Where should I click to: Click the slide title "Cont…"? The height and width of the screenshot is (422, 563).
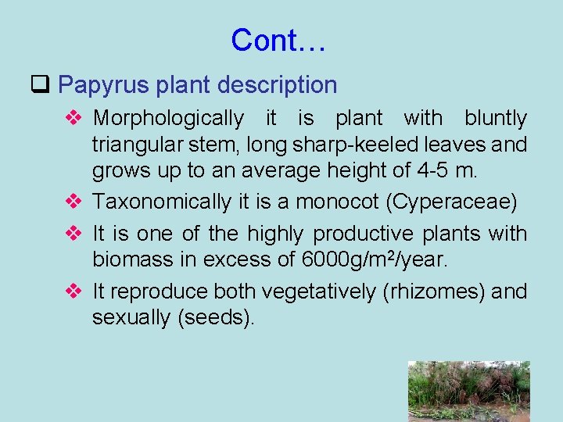pyautogui.click(x=278, y=40)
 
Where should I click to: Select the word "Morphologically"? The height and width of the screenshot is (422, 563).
pyautogui.click(x=168, y=119)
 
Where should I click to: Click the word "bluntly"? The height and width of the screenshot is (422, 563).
pyautogui.click(x=496, y=119)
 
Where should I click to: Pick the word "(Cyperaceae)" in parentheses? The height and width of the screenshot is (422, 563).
pyautogui.click(x=452, y=202)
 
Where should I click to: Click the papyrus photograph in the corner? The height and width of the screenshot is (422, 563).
pyautogui.click(x=468, y=391)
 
